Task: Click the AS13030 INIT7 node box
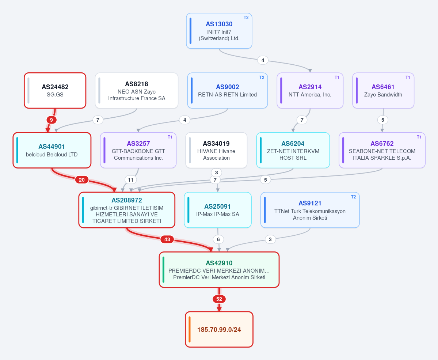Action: pyautogui.click(x=219, y=31)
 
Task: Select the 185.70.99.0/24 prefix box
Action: pyautogui.click(x=219, y=330)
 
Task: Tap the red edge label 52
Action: pyautogui.click(x=219, y=299)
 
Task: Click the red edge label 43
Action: pyautogui.click(x=167, y=239)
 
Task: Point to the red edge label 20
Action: pyautogui.click(x=82, y=180)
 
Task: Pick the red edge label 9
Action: pyautogui.click(x=52, y=120)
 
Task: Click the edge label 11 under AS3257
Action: pyautogui.click(x=130, y=180)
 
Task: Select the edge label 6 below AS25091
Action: pyautogui.click(x=218, y=239)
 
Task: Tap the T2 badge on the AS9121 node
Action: pyautogui.click(x=353, y=197)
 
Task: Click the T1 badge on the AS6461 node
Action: pyautogui.click(x=408, y=77)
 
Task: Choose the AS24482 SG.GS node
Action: pyautogui.click(x=55, y=91)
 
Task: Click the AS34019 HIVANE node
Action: pyautogui.click(x=217, y=150)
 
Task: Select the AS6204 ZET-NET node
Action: pyautogui.click(x=293, y=150)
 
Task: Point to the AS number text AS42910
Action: pyautogui.click(x=219, y=263)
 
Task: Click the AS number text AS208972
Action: pyautogui.click(x=127, y=200)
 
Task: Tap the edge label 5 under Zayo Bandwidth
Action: pyautogui.click(x=383, y=120)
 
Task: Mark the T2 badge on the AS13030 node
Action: pyautogui.click(x=246, y=18)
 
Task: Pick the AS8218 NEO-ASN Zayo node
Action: pyautogui.click(x=137, y=91)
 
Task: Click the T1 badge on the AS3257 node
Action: pyautogui.click(x=170, y=137)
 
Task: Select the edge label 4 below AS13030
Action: pyautogui.click(x=263, y=60)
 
